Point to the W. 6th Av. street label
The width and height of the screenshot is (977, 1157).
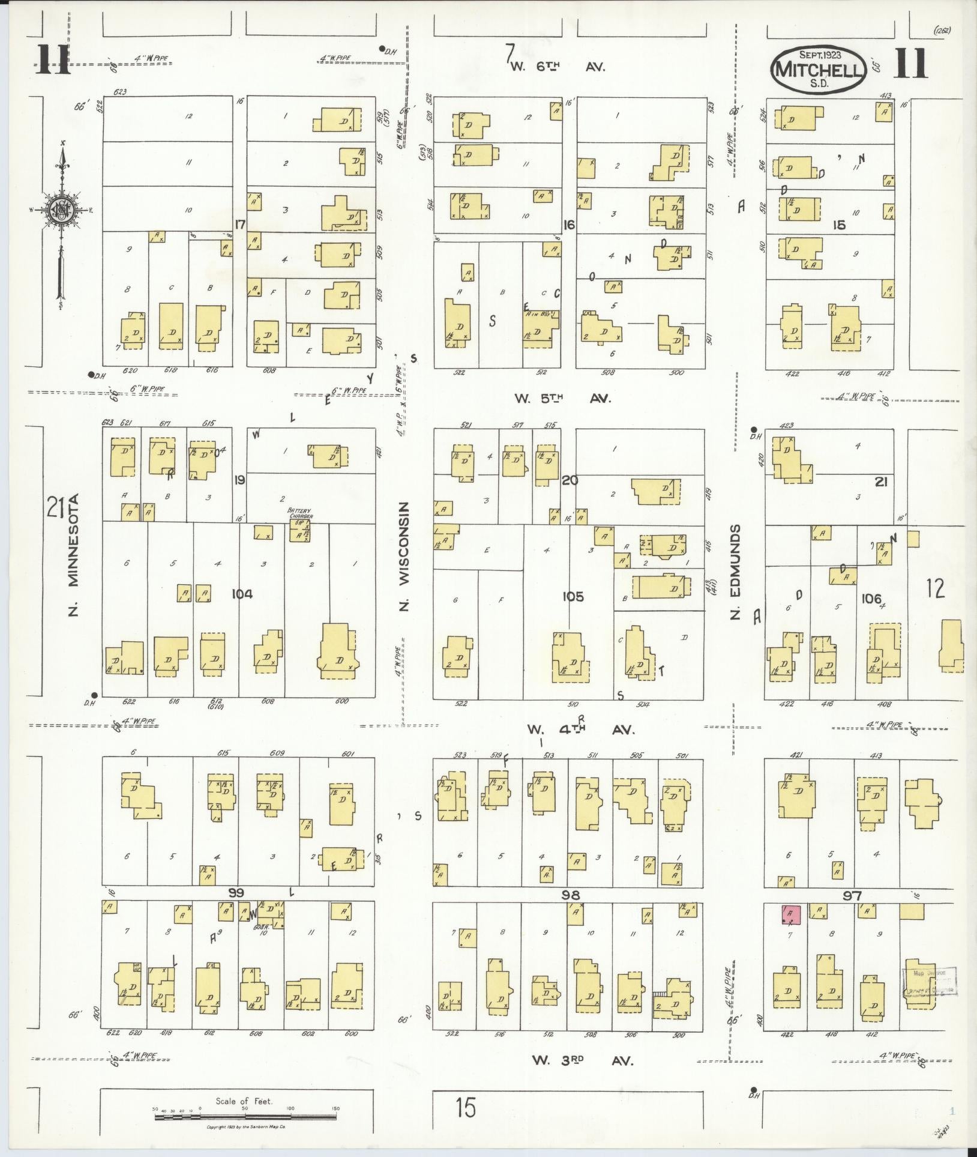(x=558, y=67)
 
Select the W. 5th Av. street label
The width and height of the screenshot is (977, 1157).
(x=562, y=398)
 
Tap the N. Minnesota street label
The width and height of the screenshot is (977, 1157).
(x=74, y=555)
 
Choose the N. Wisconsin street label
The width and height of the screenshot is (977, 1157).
(x=404, y=555)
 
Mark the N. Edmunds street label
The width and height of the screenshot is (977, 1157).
(x=738, y=570)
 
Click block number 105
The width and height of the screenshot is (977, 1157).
(x=573, y=597)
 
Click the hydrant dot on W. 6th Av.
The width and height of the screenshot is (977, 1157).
(x=382, y=49)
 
